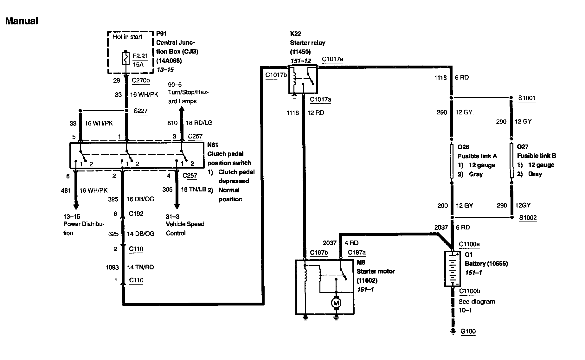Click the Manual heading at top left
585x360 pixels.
tap(22, 21)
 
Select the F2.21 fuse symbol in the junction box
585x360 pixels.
tap(126, 59)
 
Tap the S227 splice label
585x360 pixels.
tap(140, 111)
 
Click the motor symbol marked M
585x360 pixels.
tap(336, 303)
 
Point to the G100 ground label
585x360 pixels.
tap(468, 331)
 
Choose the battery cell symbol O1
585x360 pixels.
tap(453, 269)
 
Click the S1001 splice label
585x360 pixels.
tap(527, 98)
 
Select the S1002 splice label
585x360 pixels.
tap(528, 218)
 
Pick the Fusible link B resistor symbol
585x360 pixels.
tap(511, 160)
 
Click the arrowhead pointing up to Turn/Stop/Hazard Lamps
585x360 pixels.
tap(182, 109)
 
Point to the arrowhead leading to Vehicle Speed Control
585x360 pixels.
tap(177, 206)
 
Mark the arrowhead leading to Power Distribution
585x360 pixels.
tap(76, 206)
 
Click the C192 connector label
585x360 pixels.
tap(136, 214)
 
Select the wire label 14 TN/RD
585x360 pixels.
tap(140, 267)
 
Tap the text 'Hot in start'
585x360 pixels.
tap(127, 37)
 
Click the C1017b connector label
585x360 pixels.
tap(276, 75)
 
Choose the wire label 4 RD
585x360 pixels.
tap(351, 243)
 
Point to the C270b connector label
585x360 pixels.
tap(141, 80)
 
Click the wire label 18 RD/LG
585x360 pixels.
tap(199, 123)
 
